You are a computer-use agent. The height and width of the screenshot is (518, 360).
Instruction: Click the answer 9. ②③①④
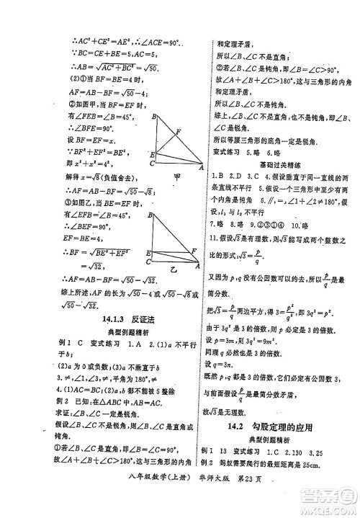tap(273, 224)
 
